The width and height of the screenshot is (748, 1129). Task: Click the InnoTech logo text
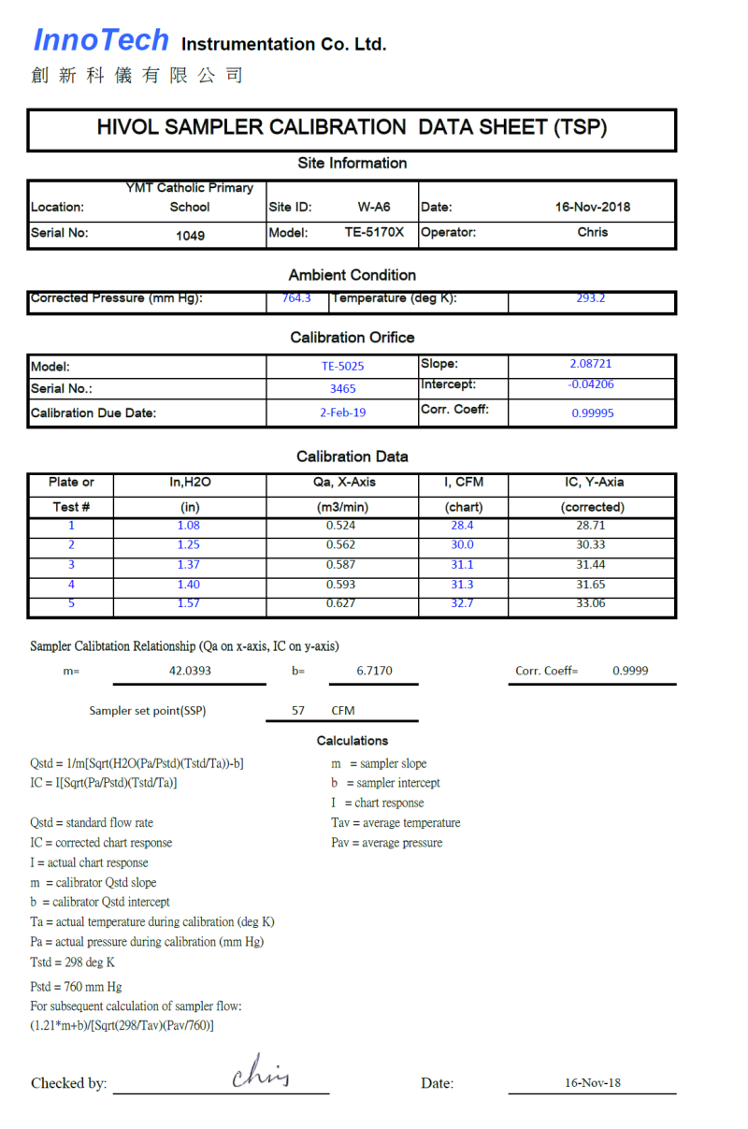tap(101, 40)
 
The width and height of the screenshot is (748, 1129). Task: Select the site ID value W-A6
tap(374, 207)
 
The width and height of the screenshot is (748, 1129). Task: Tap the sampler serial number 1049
tap(190, 236)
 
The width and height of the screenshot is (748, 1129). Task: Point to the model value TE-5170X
tap(374, 232)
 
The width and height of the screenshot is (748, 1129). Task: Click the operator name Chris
tap(592, 232)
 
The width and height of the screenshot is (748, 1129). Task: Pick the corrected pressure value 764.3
tap(296, 298)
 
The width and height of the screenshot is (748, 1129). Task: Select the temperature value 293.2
tap(591, 298)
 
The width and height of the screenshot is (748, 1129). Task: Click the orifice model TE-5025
tap(342, 367)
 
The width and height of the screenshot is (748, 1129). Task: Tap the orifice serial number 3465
tap(342, 388)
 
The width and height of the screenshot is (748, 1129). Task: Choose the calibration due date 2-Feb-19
tap(342, 412)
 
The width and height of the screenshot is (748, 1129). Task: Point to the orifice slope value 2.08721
tap(591, 364)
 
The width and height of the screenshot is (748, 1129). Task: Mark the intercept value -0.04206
tap(591, 384)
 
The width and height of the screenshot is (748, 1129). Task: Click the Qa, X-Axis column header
tap(341, 483)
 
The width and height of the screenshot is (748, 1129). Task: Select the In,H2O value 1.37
tap(188, 565)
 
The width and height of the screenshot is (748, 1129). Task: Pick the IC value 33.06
tap(591, 603)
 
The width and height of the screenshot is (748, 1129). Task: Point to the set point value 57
tap(298, 711)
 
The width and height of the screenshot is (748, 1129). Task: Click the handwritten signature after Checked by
tap(261, 1072)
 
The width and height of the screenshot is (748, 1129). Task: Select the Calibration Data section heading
tap(352, 456)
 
